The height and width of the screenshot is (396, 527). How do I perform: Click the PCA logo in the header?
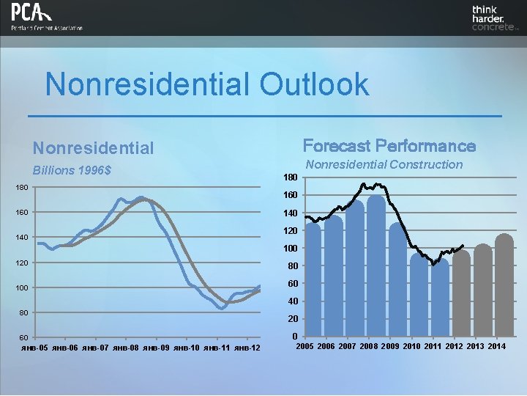click(x=45, y=18)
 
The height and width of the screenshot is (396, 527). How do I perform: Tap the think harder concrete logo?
click(x=495, y=18)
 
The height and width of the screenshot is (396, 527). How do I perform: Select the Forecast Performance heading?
click(x=389, y=146)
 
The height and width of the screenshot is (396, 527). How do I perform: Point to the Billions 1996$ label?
click(x=76, y=171)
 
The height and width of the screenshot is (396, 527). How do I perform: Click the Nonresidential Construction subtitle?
click(x=384, y=164)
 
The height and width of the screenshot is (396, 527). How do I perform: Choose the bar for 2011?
click(x=440, y=298)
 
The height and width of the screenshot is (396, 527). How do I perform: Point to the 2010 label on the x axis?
click(x=412, y=345)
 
